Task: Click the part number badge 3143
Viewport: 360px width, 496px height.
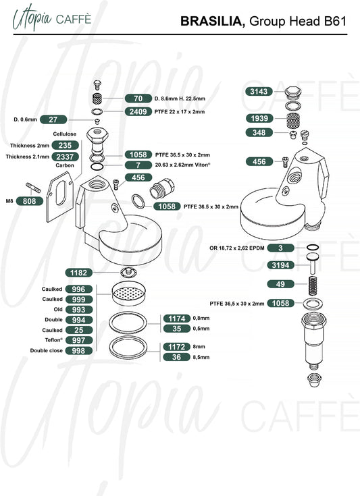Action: (x=259, y=91)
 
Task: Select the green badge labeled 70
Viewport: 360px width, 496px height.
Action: (x=138, y=99)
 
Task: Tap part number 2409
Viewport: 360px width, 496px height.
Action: (x=138, y=111)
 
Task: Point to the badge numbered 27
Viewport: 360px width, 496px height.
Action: (x=53, y=119)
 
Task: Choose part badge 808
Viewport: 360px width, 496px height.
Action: (x=30, y=201)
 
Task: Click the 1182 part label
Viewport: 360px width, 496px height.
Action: (x=79, y=273)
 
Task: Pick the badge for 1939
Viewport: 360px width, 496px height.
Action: (x=259, y=118)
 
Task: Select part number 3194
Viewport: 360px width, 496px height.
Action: (x=280, y=265)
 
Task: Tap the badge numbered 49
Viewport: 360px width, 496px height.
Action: (x=280, y=284)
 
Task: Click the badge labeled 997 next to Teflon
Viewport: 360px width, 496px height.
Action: (x=79, y=340)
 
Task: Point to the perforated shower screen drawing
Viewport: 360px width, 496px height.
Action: (x=129, y=294)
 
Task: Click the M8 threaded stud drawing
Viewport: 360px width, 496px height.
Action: (x=33, y=188)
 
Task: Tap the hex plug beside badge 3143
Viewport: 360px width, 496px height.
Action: (x=293, y=92)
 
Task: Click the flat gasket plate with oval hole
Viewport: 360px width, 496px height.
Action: (x=60, y=197)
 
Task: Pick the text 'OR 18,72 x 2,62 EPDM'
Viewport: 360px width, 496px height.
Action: (x=237, y=248)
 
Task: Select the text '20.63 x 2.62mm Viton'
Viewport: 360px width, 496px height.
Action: (x=182, y=165)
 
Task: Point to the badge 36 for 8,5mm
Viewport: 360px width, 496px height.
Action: (x=177, y=357)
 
